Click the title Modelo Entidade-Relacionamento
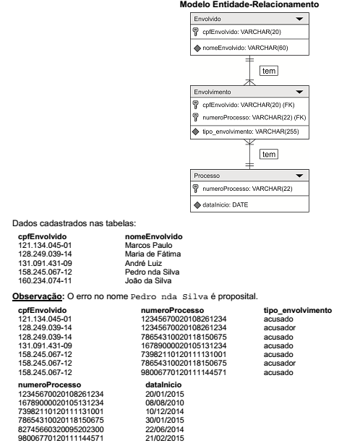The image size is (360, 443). [x=249, y=5]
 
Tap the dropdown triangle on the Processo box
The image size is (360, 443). [x=299, y=176]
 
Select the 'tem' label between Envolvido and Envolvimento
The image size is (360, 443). [x=268, y=70]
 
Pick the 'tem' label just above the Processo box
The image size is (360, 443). [x=268, y=154]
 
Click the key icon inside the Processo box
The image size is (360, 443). [x=196, y=189]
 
